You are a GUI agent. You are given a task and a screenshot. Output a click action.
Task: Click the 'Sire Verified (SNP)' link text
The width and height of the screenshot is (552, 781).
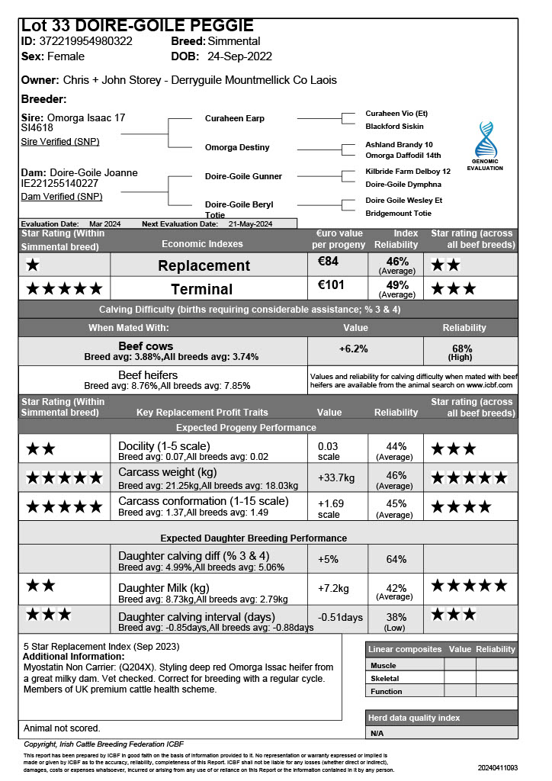coord(59,142)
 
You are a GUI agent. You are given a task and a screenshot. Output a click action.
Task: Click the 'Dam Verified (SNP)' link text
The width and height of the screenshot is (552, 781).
coord(61,197)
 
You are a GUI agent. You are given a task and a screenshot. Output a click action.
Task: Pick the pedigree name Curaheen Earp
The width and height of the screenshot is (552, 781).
coord(235,119)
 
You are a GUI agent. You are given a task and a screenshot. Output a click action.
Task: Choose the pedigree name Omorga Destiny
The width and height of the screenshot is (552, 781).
coord(237,147)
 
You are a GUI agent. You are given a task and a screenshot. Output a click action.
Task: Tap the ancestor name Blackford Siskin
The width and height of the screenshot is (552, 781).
coord(394,127)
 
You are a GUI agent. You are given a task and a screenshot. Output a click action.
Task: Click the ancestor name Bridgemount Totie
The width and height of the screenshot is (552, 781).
coord(399,214)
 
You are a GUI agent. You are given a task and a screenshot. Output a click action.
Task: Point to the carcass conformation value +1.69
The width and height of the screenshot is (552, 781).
coord(331,503)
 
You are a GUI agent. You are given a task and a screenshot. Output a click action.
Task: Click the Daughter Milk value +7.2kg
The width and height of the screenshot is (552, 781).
coord(333,589)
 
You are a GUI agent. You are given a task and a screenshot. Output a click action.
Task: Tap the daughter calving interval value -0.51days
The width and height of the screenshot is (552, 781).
coord(340,617)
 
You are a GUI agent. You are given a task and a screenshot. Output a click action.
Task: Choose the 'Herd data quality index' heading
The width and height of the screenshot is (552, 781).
coord(415,718)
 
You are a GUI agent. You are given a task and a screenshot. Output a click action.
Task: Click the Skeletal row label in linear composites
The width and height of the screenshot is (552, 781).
coord(384,678)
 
